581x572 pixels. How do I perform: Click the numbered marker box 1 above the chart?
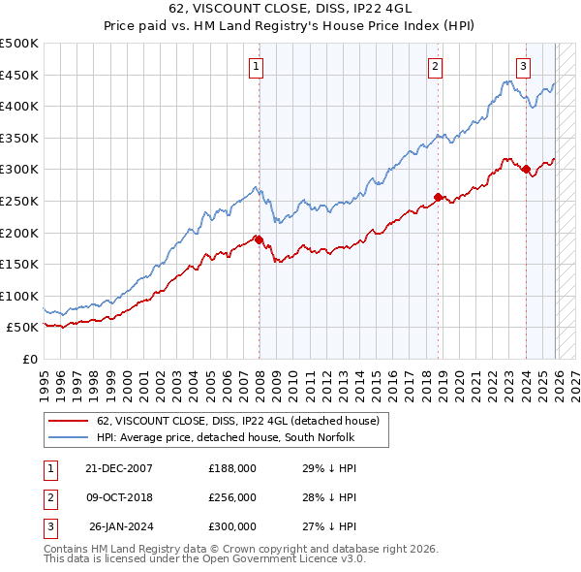(x=257, y=67)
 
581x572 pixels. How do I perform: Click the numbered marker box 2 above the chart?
(x=436, y=67)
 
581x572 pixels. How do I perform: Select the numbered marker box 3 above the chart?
(x=523, y=67)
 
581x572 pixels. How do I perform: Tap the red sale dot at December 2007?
(x=259, y=238)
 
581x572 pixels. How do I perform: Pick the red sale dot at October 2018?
(x=438, y=197)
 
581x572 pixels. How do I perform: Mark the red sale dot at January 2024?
(x=526, y=169)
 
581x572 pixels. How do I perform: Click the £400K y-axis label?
(x=19, y=106)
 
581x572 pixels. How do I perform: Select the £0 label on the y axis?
(x=28, y=359)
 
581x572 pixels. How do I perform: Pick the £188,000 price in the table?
(x=231, y=467)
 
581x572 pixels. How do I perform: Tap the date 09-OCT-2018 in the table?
(x=119, y=497)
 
